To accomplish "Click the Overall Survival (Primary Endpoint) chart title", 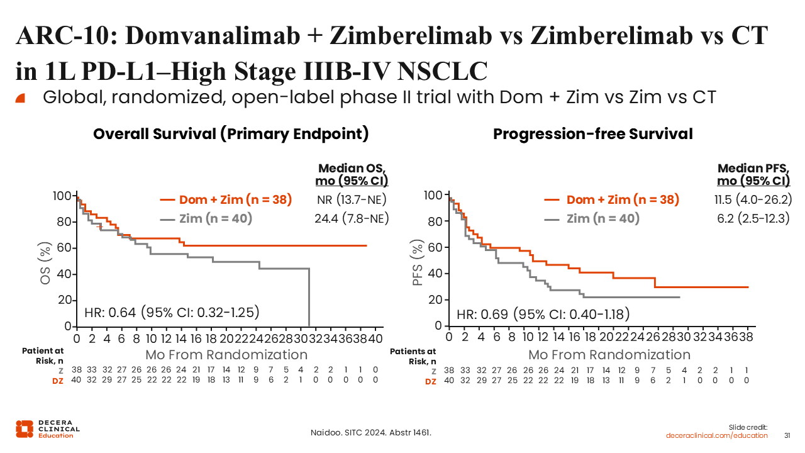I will coord(231,134).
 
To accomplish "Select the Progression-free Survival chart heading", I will coord(592,134).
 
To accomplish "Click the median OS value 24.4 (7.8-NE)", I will coord(352,218).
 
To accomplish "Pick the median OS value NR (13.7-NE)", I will coord(352,200).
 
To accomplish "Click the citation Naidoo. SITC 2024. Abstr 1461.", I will coord(371,432).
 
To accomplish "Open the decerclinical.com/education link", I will coord(717,435).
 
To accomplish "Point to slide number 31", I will coord(787,435).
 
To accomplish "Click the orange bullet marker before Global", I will coord(20,98).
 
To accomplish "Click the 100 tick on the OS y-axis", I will coord(62,196).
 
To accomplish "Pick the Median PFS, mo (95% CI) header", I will coord(753,174).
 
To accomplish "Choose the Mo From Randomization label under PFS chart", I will coord(609,354).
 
